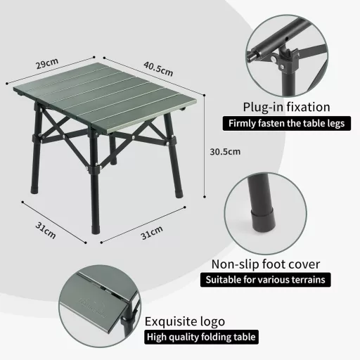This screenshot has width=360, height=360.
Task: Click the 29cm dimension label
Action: [47, 63]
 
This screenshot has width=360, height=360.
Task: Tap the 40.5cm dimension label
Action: [158, 69]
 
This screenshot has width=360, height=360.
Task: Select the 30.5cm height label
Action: [226, 151]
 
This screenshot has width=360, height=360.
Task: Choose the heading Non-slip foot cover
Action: [266, 264]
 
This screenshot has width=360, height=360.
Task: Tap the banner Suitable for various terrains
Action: [266, 280]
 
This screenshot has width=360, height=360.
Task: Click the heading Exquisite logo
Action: [185, 321]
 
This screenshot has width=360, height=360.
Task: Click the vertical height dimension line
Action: [205, 151]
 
